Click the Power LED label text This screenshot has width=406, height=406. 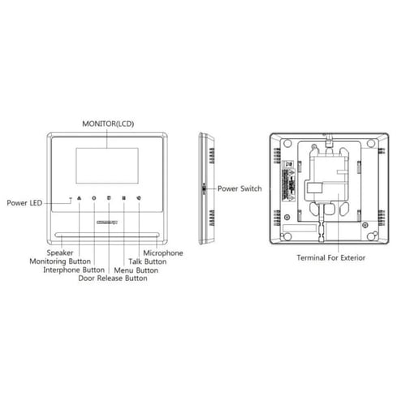tap(25, 202)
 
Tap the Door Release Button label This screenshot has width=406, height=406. tap(112, 279)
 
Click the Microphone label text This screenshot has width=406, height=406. tap(162, 253)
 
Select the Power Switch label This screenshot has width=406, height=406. tap(240, 188)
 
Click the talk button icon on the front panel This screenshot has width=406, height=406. tap(139, 198)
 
